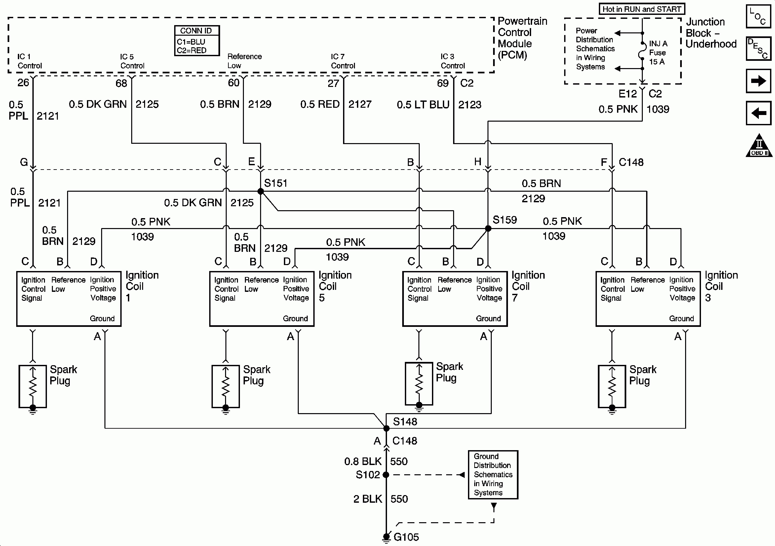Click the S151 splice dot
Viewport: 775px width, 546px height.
(260, 191)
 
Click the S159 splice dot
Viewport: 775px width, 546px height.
(488, 229)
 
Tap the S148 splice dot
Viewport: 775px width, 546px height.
(386, 428)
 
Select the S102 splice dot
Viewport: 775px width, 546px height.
(386, 475)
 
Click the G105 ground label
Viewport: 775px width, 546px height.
(406, 537)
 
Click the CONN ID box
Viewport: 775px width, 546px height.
(197, 41)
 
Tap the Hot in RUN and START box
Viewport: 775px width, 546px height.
(642, 9)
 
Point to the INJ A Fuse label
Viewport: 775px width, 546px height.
(658, 53)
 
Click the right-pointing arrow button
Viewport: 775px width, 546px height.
(758, 81)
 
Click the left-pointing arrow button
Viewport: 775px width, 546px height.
(758, 113)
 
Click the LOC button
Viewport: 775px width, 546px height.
(758, 16)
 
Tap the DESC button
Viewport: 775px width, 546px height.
(758, 49)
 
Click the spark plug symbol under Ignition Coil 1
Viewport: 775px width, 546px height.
(33, 387)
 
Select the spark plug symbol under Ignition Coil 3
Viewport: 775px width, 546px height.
(612, 387)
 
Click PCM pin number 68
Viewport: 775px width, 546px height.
(121, 83)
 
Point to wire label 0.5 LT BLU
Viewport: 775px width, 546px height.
(423, 105)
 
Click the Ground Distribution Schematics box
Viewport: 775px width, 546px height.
(493, 474)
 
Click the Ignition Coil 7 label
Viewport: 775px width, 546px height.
(528, 286)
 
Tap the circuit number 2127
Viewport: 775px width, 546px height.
(360, 104)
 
